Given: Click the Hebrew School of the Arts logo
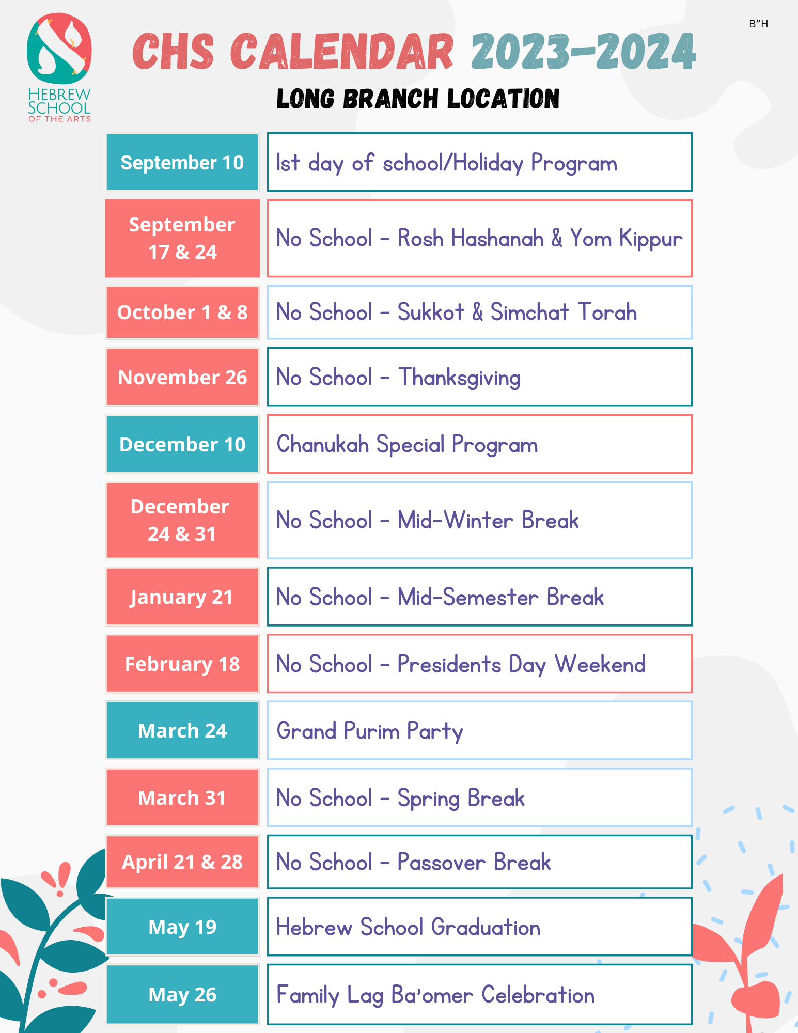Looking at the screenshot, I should [x=59, y=67].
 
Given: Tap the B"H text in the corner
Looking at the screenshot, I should [x=758, y=24].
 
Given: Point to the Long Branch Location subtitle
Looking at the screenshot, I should [x=418, y=99].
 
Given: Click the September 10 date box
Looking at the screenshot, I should [x=182, y=163].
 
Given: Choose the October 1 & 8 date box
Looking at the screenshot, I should [x=182, y=312].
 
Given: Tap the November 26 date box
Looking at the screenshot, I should [x=182, y=378].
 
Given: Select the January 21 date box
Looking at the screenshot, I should [x=182, y=597].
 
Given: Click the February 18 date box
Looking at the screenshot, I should [x=182, y=664].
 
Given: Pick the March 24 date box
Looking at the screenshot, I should [x=182, y=731].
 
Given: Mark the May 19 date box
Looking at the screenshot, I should [x=182, y=927].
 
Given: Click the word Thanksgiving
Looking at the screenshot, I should [x=459, y=378].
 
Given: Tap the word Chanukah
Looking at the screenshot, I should [x=323, y=444].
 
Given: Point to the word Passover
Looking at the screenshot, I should [x=441, y=862].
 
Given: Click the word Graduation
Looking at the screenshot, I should [x=486, y=927].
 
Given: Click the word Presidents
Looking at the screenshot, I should [x=449, y=664].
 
